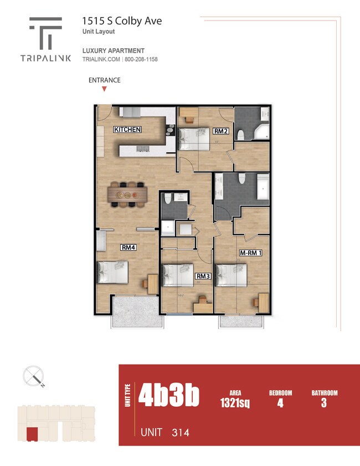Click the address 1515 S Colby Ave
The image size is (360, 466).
(122, 21)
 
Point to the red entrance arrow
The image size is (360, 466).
(104, 89)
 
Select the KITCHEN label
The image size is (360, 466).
(127, 130)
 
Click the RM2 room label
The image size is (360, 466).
(221, 131)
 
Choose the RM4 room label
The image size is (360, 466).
(128, 248)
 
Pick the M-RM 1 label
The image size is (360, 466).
(250, 253)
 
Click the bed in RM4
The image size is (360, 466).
(113, 273)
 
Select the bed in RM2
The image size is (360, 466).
(193, 138)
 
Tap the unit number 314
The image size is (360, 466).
(180, 432)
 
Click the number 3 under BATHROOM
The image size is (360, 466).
(323, 403)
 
